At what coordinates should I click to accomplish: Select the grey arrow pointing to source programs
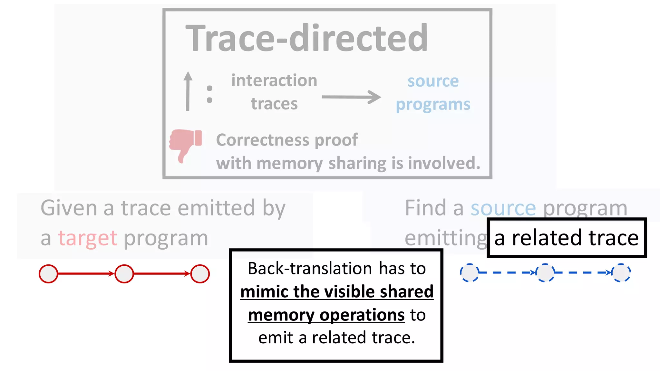tap(351, 97)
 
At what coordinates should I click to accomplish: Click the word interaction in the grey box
tap(274, 81)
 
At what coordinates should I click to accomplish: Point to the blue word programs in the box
tap(433, 105)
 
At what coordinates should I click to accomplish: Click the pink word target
tap(88, 238)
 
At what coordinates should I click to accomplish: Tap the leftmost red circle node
tap(48, 274)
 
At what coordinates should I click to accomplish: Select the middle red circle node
tap(124, 274)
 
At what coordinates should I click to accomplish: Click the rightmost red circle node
tap(200, 274)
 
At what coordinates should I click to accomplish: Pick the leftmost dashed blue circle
tap(469, 273)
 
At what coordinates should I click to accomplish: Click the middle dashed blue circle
tap(545, 273)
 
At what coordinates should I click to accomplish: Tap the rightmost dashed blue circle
tap(621, 273)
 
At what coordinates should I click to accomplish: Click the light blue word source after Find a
tap(503, 208)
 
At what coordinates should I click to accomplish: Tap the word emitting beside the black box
tap(446, 238)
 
